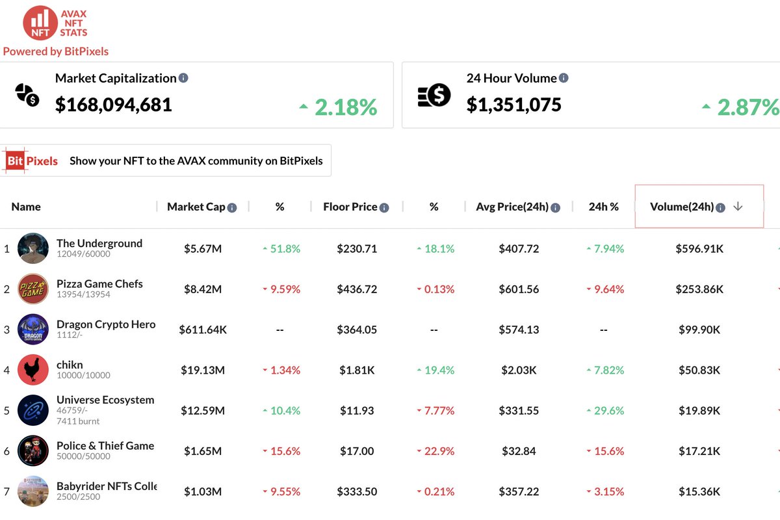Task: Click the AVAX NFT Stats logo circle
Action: [x=40, y=23]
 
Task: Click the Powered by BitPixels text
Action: [x=56, y=51]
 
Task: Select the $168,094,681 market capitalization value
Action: [x=114, y=105]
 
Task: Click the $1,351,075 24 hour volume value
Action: [x=513, y=105]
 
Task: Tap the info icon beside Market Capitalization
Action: [x=183, y=78]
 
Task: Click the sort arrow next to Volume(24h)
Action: [x=738, y=207]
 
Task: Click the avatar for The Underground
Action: [x=33, y=248]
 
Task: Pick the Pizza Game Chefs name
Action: [x=99, y=283]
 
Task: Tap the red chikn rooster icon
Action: [x=33, y=370]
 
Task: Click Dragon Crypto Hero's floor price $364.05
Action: [x=357, y=330]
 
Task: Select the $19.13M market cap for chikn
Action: [x=203, y=370]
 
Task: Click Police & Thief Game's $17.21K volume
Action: [x=699, y=451]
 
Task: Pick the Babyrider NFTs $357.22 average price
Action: [x=519, y=491]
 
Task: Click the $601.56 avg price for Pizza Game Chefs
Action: [x=519, y=289]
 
